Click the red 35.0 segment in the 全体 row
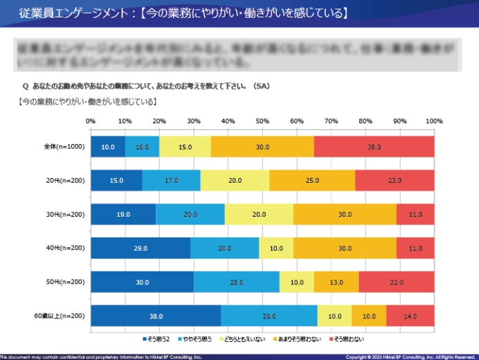pos(374,147)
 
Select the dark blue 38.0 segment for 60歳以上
pos(156,316)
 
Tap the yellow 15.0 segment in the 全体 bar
pos(185,147)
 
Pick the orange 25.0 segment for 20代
pos(312,180)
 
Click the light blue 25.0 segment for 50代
pos(237,282)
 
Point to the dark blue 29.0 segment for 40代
pos(141,248)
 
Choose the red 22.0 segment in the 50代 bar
pos(397,282)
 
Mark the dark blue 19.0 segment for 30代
pos(123,214)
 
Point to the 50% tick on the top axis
pos(262,121)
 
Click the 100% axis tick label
pos(434,121)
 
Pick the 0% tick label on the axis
pos(91,121)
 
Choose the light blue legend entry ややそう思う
pos(196,339)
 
